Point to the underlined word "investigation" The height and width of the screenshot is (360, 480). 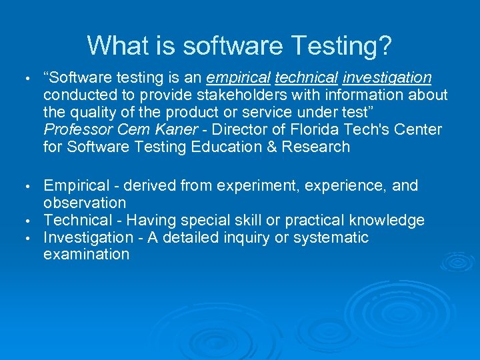[x=387, y=78]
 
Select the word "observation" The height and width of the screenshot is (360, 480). [x=84, y=203]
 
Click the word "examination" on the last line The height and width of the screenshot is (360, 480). [x=86, y=254]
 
